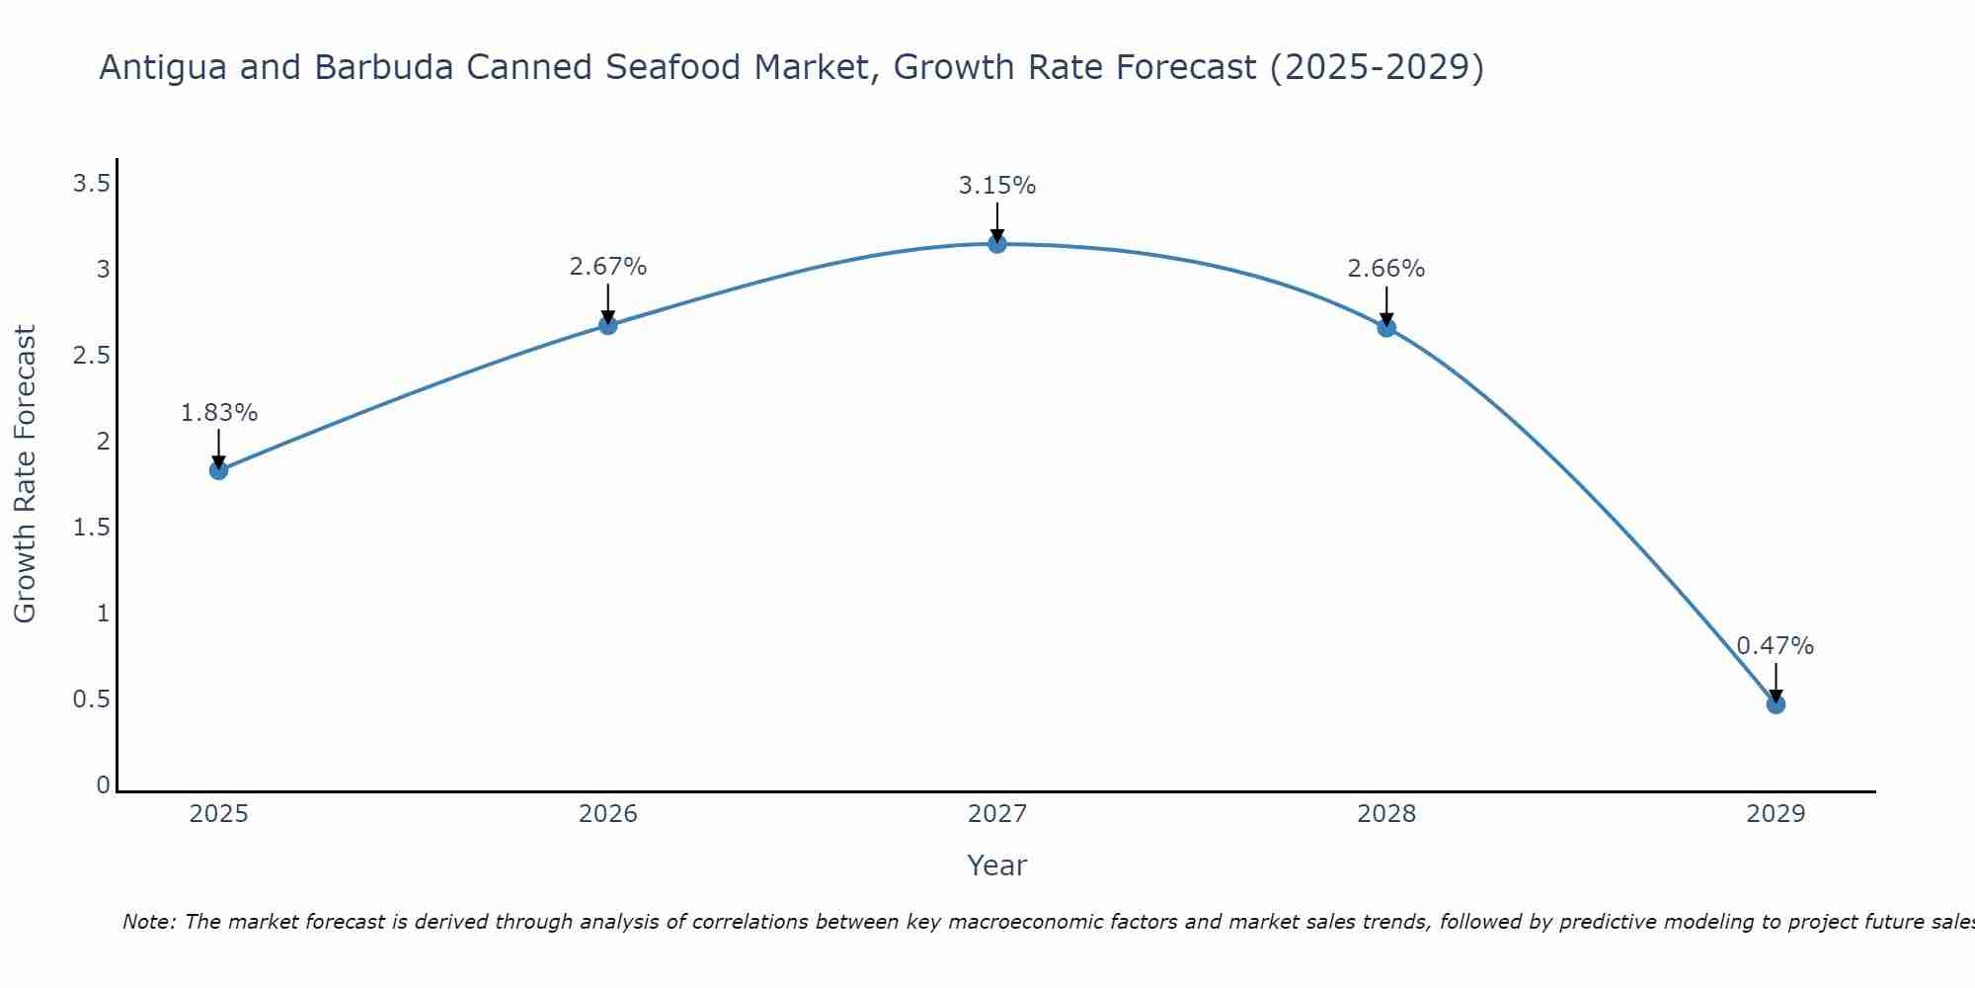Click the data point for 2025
point(219,470)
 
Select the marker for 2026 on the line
point(608,325)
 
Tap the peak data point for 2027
point(997,243)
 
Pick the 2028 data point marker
point(1386,327)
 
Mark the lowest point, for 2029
point(1776,704)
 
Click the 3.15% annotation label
point(997,186)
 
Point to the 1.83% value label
point(219,413)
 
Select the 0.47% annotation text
point(1776,646)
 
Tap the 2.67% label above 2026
point(608,267)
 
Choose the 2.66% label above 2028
point(1386,269)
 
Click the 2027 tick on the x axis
point(997,814)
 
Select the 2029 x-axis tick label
point(1776,814)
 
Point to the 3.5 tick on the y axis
point(91,184)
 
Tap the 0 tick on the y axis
point(103,785)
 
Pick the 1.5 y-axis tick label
point(91,528)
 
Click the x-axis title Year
point(997,865)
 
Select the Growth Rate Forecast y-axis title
point(26,474)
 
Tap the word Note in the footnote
point(148,922)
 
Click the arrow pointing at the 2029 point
point(1776,682)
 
